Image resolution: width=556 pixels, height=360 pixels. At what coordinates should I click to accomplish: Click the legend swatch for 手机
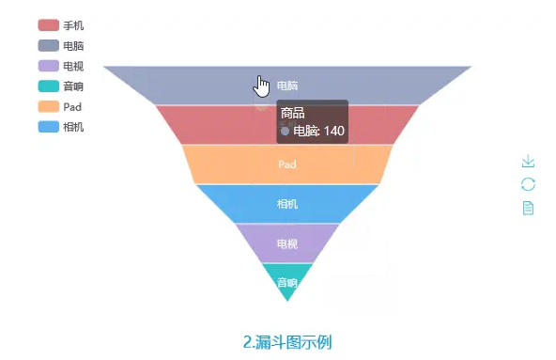pyautogui.click(x=49, y=25)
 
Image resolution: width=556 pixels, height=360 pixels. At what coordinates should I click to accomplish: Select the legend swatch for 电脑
pyautogui.click(x=49, y=46)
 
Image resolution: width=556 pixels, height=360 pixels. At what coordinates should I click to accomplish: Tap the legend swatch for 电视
pyautogui.click(x=49, y=67)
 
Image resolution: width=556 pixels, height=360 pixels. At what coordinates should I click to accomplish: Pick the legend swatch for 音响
pyautogui.click(x=49, y=86)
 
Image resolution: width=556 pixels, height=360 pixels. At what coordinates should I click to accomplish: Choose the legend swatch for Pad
pyautogui.click(x=49, y=106)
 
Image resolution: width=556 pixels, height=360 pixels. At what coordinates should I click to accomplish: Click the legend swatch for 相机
pyautogui.click(x=49, y=127)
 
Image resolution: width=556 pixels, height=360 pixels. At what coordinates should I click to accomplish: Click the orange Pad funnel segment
pyautogui.click(x=287, y=164)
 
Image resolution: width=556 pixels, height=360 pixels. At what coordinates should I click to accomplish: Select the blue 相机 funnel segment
pyautogui.click(x=287, y=204)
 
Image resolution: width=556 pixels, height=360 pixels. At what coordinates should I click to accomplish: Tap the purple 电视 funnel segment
pyautogui.click(x=287, y=243)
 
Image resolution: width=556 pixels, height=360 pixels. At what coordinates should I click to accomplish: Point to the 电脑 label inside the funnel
pyautogui.click(x=287, y=86)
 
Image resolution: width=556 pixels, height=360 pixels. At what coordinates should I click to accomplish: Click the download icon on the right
pyautogui.click(x=528, y=162)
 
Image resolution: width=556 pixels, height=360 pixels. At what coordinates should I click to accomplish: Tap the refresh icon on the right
pyautogui.click(x=528, y=184)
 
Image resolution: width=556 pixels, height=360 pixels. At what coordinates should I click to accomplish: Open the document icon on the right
pyautogui.click(x=528, y=207)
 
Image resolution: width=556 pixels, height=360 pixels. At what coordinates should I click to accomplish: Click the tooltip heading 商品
pyautogui.click(x=293, y=114)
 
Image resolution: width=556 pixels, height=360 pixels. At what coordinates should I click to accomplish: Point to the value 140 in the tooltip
pyautogui.click(x=334, y=132)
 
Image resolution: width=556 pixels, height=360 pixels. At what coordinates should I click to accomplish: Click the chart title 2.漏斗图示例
pyautogui.click(x=287, y=342)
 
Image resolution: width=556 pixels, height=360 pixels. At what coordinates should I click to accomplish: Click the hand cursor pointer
pyautogui.click(x=262, y=86)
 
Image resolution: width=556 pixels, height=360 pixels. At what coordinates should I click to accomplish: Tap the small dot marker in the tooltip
pyautogui.click(x=286, y=132)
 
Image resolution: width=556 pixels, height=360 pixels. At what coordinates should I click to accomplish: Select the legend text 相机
pyautogui.click(x=73, y=127)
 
